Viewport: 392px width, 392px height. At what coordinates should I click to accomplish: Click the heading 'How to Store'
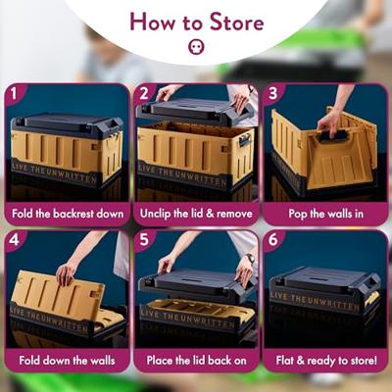196,22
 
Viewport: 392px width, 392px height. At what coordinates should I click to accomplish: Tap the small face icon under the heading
195,47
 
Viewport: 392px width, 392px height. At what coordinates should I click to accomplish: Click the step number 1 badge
16,94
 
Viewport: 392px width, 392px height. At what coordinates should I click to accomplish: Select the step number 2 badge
144,94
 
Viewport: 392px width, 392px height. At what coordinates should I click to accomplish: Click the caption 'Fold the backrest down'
66,213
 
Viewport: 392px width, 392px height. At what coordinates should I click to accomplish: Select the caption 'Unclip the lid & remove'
195,213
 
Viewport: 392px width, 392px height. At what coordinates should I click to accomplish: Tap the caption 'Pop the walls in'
323,213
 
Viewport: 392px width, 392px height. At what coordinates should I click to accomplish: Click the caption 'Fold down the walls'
66,361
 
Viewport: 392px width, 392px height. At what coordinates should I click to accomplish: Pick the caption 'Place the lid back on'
195,361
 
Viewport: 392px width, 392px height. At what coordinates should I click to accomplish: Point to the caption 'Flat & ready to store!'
323,361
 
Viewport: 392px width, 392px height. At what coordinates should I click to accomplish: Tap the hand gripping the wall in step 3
332,121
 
